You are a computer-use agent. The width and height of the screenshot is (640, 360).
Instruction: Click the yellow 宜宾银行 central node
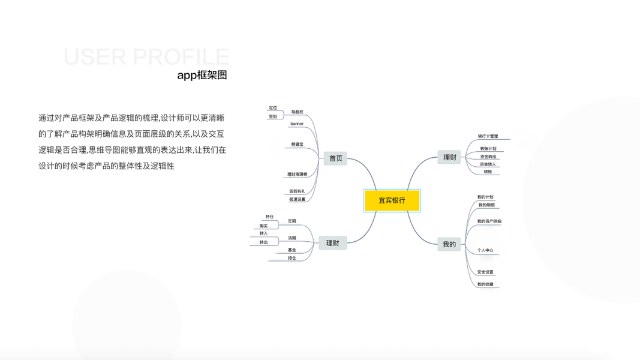(392, 200)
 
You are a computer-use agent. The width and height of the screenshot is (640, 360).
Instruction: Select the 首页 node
(335, 158)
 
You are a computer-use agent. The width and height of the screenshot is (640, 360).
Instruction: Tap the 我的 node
(449, 244)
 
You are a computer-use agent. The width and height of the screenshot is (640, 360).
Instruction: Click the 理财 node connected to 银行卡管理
(449, 157)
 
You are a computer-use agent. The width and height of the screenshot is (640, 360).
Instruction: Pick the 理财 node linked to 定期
(332, 243)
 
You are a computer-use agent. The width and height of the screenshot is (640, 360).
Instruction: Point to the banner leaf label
(297, 124)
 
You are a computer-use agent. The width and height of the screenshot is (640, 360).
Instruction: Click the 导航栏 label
(297, 112)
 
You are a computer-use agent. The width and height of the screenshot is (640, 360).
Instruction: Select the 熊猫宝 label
(297, 145)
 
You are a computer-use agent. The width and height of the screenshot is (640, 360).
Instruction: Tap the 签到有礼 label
(297, 191)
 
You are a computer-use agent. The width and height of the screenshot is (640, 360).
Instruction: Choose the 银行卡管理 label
(488, 136)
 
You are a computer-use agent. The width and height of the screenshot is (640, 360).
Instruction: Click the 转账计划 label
(488, 148)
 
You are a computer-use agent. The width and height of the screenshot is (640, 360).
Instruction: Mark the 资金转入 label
(488, 164)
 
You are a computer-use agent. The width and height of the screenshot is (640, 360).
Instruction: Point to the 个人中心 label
(485, 250)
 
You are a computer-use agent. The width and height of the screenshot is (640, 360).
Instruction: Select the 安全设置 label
(485, 272)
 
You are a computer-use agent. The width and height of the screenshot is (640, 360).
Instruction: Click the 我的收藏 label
(485, 284)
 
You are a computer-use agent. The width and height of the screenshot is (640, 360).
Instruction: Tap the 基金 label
(292, 250)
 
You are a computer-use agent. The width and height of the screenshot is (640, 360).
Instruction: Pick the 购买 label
(263, 226)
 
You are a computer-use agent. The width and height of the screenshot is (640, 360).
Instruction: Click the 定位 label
(273, 108)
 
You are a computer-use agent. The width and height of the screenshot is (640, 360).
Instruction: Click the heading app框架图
(202, 76)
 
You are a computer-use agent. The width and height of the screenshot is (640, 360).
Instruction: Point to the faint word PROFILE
(181, 57)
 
